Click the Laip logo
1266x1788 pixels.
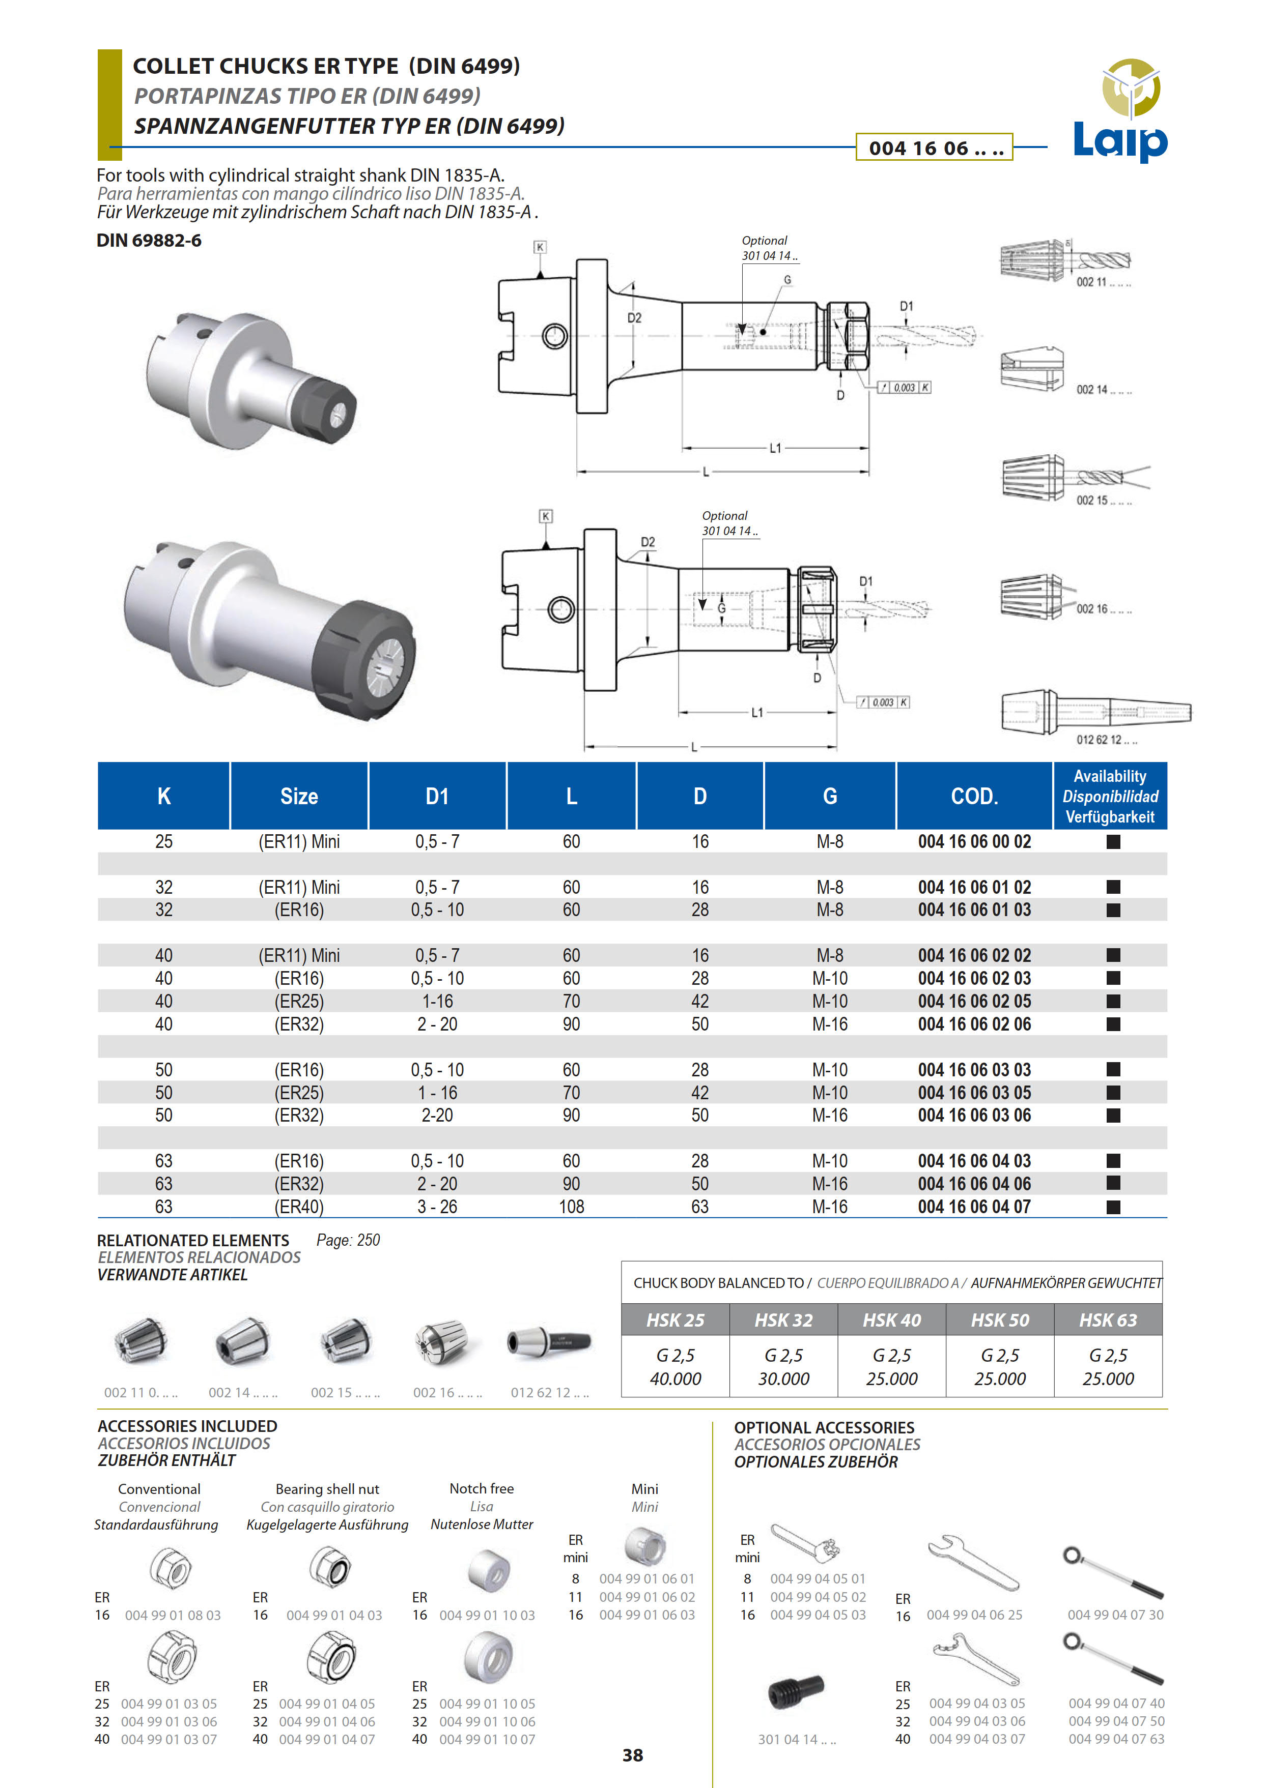(x=1121, y=110)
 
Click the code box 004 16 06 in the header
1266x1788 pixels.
(x=934, y=147)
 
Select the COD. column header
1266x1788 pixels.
(x=974, y=796)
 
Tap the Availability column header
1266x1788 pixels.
(x=1110, y=796)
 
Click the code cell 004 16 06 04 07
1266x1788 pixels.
(x=974, y=1207)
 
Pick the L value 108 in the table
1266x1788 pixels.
(x=572, y=1207)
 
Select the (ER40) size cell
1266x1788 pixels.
(x=299, y=1207)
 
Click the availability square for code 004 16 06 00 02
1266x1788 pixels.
(x=1113, y=841)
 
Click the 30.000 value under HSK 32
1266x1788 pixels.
(x=783, y=1378)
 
